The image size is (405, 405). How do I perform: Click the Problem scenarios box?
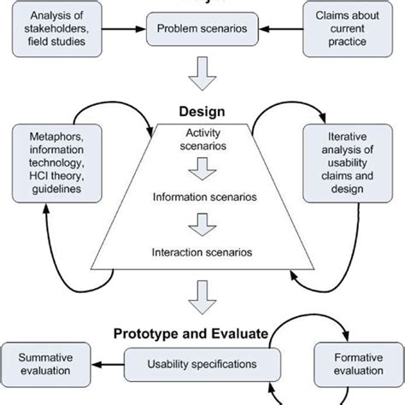(203, 28)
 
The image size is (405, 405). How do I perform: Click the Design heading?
(202, 112)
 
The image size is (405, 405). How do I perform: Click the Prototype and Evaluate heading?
(202, 332)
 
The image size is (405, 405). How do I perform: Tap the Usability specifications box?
(202, 363)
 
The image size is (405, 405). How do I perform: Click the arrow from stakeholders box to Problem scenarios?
(120, 28)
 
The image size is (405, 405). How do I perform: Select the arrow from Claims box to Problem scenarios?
(284, 28)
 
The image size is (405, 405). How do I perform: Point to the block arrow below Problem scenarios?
(202, 75)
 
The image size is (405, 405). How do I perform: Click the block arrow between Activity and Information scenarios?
(202, 173)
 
